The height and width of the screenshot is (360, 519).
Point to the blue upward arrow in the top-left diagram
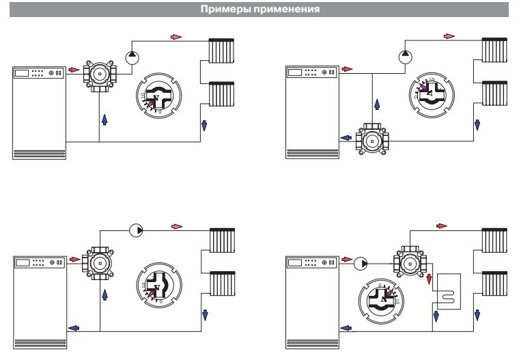click(x=104, y=119)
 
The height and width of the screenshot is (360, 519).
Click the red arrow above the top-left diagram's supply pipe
click(x=176, y=36)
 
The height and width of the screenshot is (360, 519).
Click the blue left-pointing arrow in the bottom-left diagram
click(x=73, y=328)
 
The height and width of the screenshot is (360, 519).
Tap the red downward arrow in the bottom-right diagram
click(x=430, y=280)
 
